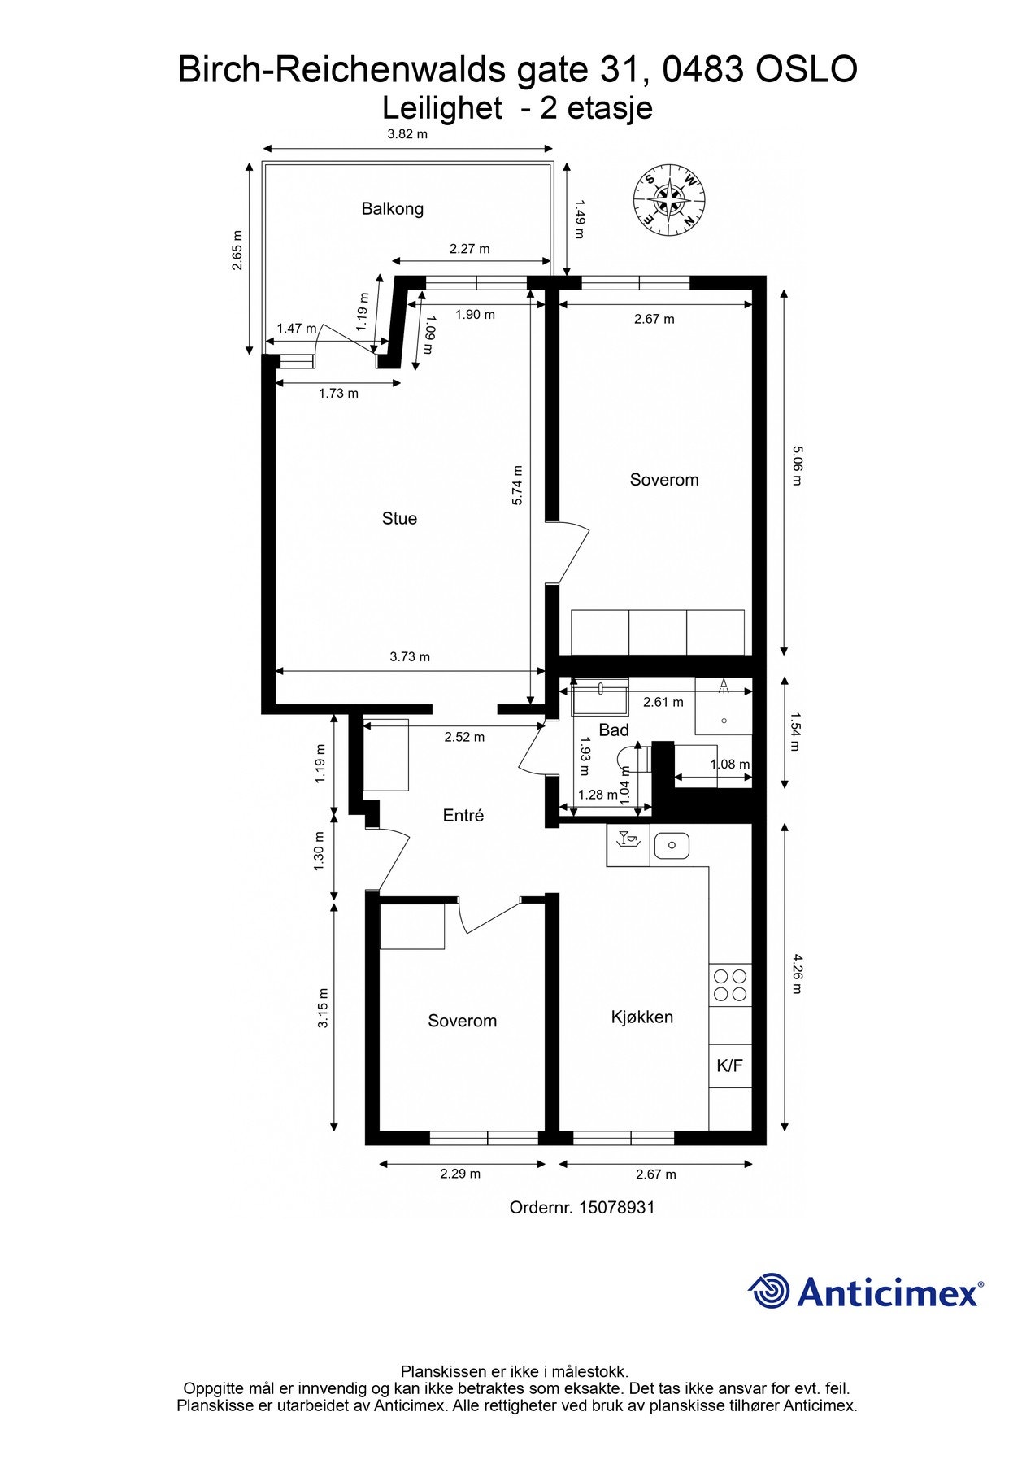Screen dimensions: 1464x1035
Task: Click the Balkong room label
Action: tap(393, 209)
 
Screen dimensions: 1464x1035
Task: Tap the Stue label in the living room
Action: tap(399, 519)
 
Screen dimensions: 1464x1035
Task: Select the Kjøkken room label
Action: tap(641, 1017)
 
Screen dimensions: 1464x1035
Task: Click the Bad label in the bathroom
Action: tap(614, 730)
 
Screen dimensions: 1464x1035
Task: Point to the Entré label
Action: tap(463, 816)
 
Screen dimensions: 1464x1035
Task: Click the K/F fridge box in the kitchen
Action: tap(729, 1065)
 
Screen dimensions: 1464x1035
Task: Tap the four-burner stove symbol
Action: tap(729, 985)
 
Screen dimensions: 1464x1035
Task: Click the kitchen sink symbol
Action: tap(672, 845)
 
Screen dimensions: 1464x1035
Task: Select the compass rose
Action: tap(668, 199)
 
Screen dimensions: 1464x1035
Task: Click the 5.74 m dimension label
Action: tap(518, 486)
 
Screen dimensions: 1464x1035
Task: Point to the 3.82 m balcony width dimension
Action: tap(407, 134)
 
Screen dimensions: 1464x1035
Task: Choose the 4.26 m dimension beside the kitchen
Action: tap(797, 973)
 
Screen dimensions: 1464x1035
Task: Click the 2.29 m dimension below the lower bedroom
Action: tap(460, 1174)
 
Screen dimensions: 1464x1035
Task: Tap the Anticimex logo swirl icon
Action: tap(768, 1291)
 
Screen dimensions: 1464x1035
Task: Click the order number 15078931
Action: tap(616, 1208)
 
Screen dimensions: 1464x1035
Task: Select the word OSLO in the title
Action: tap(807, 70)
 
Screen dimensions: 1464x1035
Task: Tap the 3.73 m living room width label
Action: tap(410, 657)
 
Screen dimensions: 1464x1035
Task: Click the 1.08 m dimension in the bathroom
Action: tap(729, 765)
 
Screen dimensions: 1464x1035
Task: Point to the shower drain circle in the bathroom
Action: tap(724, 721)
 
